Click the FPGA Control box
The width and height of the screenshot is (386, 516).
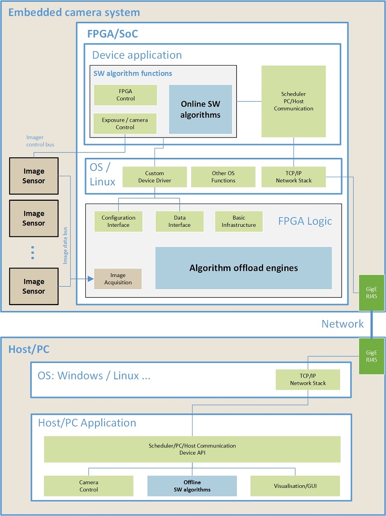[125, 95]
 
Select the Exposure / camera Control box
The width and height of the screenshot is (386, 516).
[125, 124]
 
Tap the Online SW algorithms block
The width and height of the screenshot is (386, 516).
[200, 110]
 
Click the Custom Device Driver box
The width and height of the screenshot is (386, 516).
[154, 177]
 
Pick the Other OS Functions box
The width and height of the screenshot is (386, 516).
[223, 177]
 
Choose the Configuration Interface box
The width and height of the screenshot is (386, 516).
[118, 222]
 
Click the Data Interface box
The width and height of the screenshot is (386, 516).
[179, 222]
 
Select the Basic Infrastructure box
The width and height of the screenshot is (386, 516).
[239, 222]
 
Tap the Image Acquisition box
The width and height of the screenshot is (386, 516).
[118, 279]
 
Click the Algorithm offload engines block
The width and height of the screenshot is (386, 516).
[243, 268]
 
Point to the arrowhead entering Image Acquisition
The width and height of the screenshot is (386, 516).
[90, 279]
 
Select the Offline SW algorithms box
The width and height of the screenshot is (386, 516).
[192, 486]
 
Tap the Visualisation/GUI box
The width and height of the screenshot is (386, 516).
[295, 486]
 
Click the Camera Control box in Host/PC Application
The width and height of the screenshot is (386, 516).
[88, 486]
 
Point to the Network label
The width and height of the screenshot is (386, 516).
[343, 324]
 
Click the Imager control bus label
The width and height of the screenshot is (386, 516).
[40, 141]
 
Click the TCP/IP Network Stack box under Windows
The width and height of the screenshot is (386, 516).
[308, 380]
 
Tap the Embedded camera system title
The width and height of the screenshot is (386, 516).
[74, 13]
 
